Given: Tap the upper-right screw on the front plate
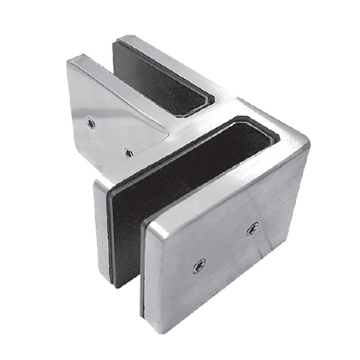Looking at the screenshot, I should click(252, 229).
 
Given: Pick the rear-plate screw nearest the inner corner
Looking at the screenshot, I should click(127, 152).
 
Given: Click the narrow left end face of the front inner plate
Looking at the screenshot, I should click(102, 216).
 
